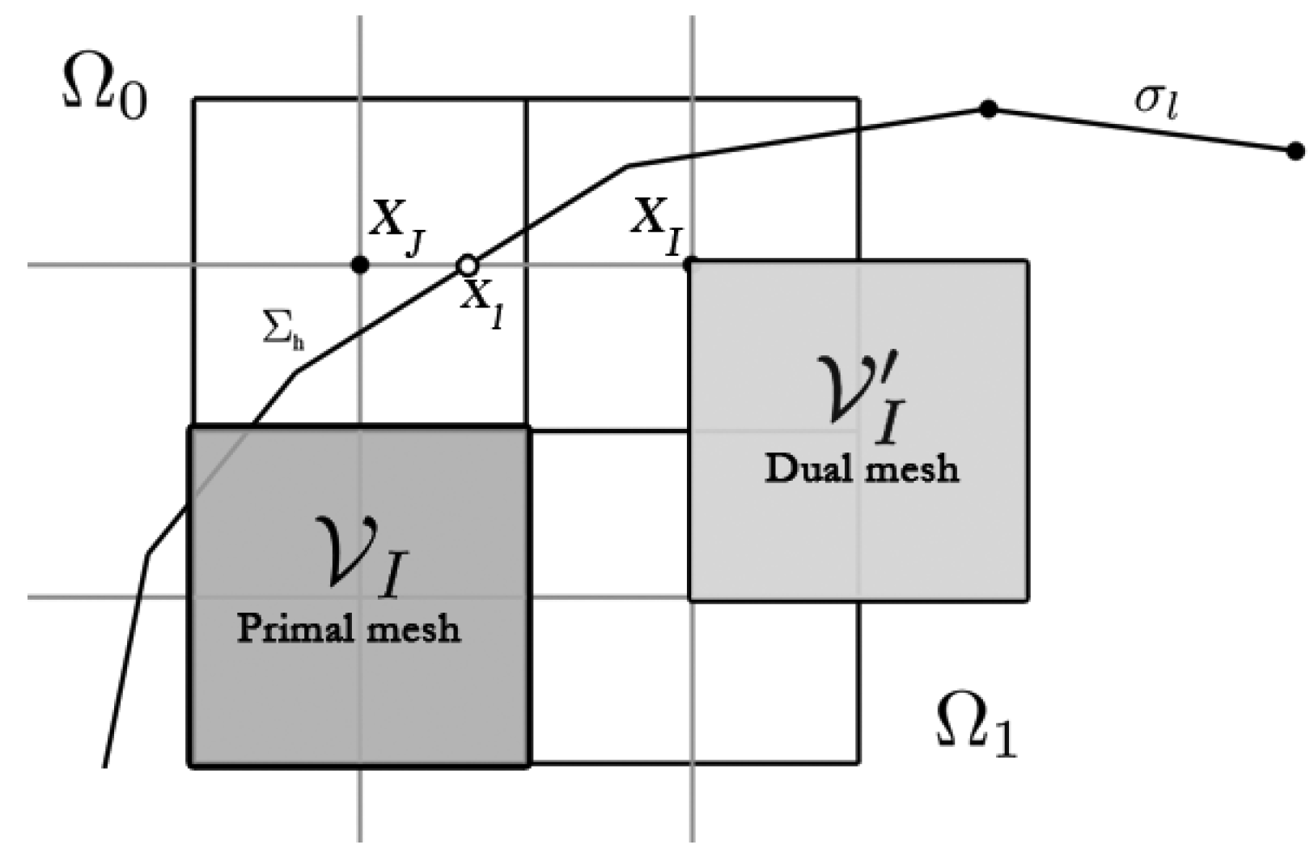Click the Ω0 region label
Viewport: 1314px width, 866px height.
click(x=104, y=91)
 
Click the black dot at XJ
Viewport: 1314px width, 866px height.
click(x=361, y=265)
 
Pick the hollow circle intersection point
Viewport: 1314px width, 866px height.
click(x=467, y=265)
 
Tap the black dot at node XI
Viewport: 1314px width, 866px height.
click(x=690, y=263)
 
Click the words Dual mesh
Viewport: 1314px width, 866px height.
click(x=862, y=469)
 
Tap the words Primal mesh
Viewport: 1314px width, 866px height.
click(x=349, y=630)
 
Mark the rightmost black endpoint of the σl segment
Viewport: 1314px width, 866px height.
click(x=1295, y=151)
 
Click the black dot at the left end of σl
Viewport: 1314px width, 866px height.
click(x=988, y=108)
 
